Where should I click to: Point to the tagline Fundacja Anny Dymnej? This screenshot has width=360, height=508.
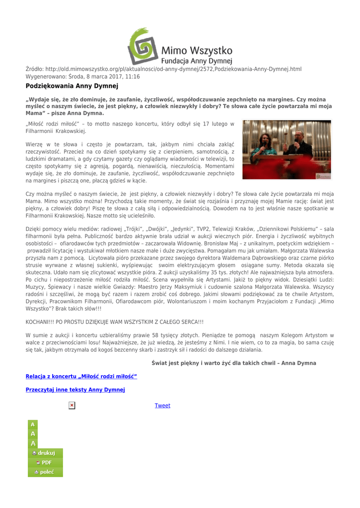(x=197, y=61)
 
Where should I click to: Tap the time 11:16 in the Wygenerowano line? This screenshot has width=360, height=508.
(x=132, y=77)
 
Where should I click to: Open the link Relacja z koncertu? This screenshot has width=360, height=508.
(x=81, y=377)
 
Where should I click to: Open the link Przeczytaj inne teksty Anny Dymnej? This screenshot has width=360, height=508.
(x=75, y=389)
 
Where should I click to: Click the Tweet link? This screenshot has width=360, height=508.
(x=162, y=406)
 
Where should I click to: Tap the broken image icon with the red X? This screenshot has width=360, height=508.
(x=72, y=406)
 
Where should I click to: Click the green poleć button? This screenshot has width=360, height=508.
(x=44, y=472)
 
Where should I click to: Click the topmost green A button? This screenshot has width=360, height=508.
(x=32, y=425)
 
